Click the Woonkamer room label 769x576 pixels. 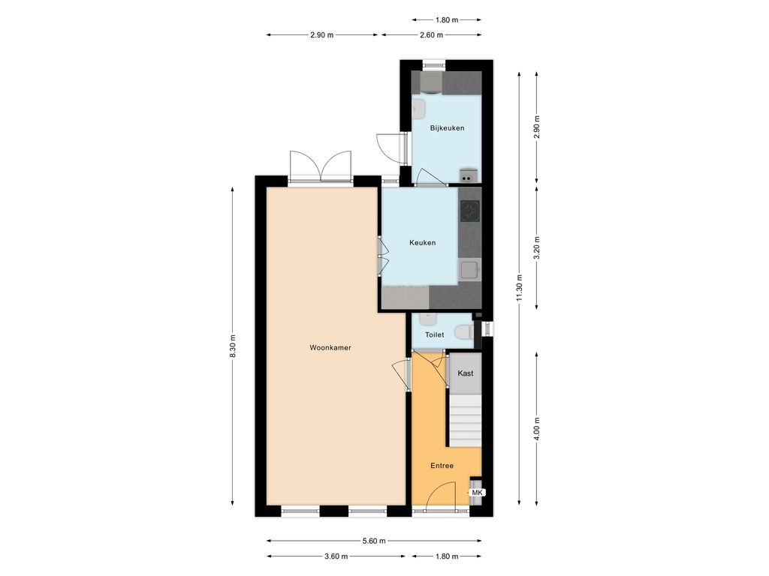click(x=330, y=348)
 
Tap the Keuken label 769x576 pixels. click(x=422, y=242)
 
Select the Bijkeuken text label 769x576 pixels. click(x=447, y=127)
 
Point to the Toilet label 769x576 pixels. click(x=434, y=334)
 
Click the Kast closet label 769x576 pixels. click(x=466, y=373)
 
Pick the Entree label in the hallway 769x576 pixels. click(x=442, y=466)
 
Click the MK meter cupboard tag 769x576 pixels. click(x=477, y=493)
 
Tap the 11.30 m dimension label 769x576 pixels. click(x=520, y=289)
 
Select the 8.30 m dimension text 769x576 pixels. click(x=233, y=346)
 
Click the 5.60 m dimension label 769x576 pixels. click(x=374, y=541)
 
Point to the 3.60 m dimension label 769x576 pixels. click(x=336, y=556)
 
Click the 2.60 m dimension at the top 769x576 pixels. click(x=431, y=34)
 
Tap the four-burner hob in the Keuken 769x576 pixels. click(x=470, y=211)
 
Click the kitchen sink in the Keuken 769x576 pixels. click(x=469, y=270)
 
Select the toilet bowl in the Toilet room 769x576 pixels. click(x=464, y=332)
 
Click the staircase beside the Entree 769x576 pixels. click(x=466, y=421)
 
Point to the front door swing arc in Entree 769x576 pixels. click(x=441, y=495)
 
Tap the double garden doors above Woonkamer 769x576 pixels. click(x=321, y=166)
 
